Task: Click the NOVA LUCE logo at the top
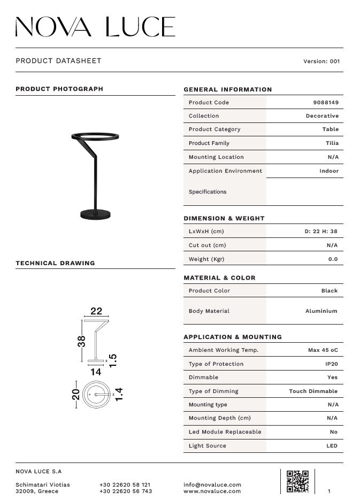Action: click(x=95, y=27)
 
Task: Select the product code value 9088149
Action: click(x=326, y=103)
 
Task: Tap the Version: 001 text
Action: click(x=321, y=61)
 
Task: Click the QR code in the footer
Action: click(x=297, y=481)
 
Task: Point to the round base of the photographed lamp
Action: click(x=96, y=214)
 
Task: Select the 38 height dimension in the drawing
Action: click(x=82, y=341)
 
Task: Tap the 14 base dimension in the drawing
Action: click(x=96, y=372)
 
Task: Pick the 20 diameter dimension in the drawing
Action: click(x=76, y=395)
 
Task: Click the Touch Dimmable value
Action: click(x=313, y=391)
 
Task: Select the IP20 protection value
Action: click(x=332, y=364)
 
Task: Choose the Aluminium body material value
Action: click(x=321, y=311)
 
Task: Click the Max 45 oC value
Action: click(x=323, y=350)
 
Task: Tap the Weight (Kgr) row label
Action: click(x=206, y=259)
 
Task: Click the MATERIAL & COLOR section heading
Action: click(x=219, y=278)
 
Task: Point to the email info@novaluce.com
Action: click(x=212, y=485)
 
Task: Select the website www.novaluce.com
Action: click(x=212, y=491)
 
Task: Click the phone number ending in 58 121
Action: click(x=125, y=485)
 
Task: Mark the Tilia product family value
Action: click(x=332, y=143)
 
